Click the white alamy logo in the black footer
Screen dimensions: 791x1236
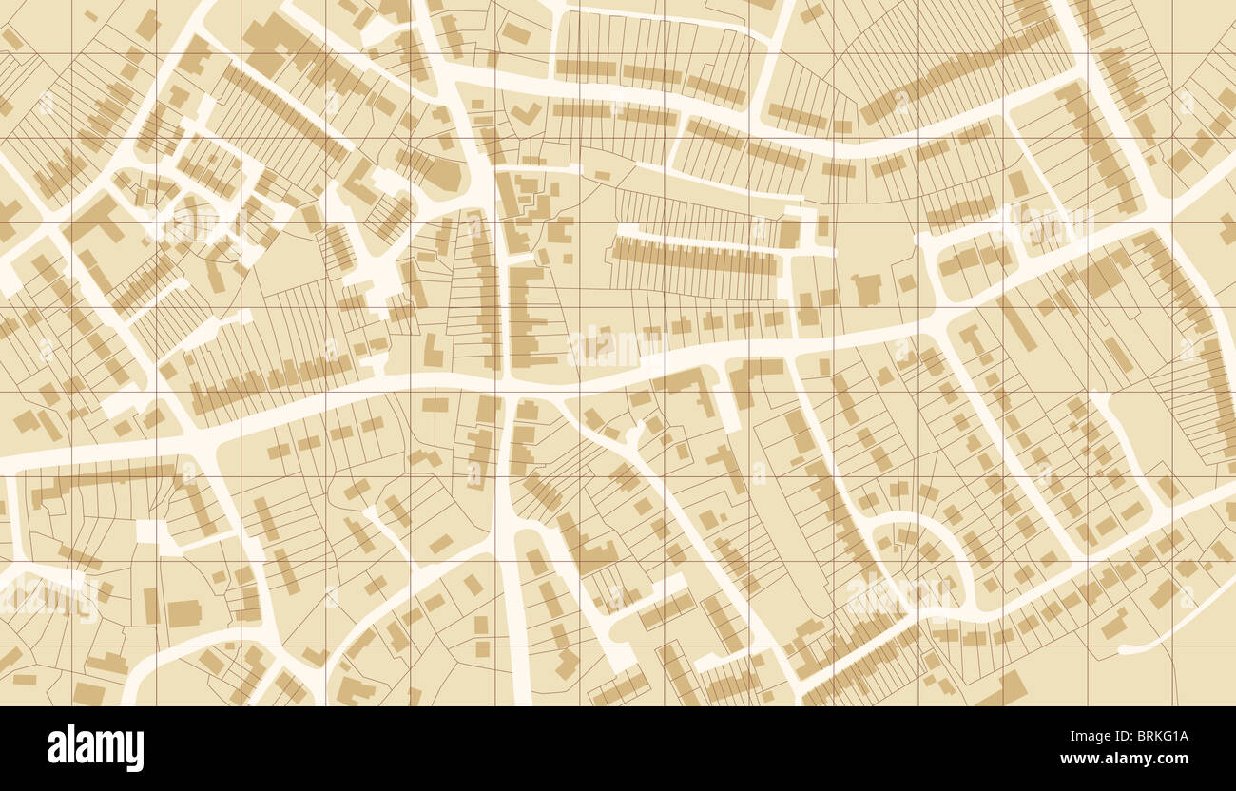95,748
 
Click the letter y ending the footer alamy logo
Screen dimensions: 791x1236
137,751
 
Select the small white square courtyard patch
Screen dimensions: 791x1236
148,531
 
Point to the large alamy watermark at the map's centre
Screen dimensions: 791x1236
605,349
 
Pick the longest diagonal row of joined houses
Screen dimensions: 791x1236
960,71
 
